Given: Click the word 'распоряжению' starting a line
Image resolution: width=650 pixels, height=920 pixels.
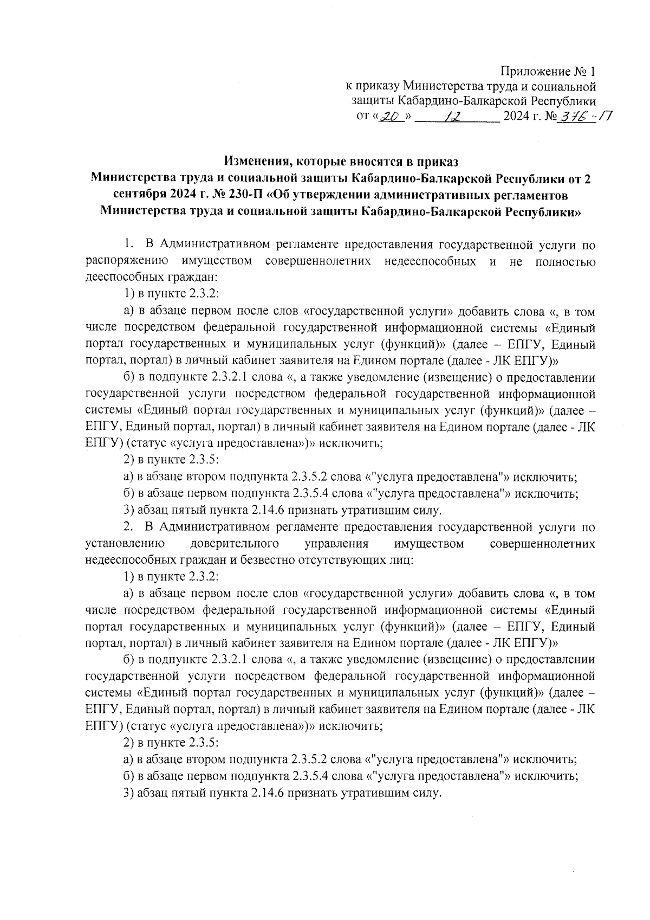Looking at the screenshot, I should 127,262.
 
